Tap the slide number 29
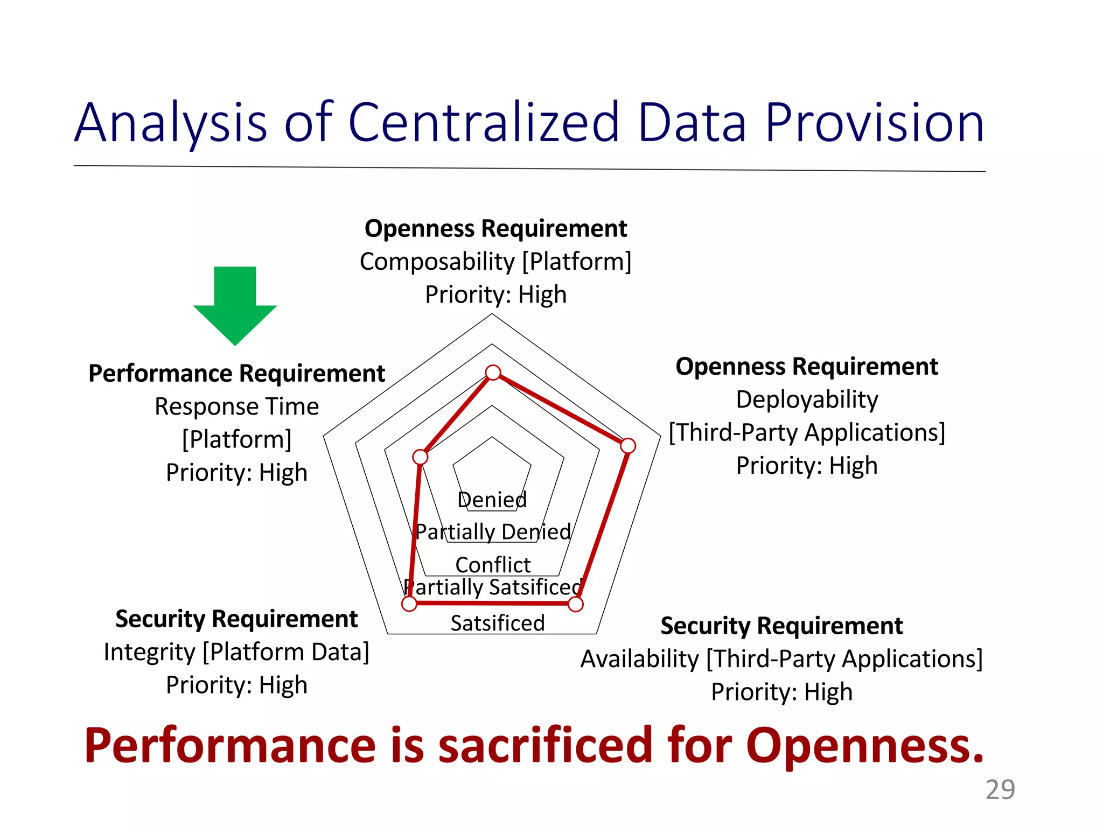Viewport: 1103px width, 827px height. [x=1000, y=790]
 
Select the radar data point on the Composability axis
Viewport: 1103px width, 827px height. [x=493, y=373]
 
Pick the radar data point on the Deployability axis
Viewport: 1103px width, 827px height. [x=628, y=446]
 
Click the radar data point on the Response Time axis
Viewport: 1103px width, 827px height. [x=420, y=457]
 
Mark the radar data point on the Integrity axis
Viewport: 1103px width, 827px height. [x=409, y=604]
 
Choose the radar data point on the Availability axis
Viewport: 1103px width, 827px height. [x=576, y=605]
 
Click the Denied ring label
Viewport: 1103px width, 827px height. [x=492, y=500]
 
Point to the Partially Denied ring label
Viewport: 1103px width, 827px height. [x=493, y=532]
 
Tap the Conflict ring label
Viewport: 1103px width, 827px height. [x=493, y=565]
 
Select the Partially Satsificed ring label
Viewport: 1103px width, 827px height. [x=493, y=587]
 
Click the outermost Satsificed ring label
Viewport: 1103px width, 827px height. [x=497, y=623]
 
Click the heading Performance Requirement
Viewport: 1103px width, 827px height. [x=236, y=373]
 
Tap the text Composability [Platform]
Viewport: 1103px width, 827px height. [x=495, y=262]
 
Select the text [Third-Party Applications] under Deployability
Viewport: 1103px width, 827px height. [x=807, y=432]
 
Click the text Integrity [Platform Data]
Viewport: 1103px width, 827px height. [x=236, y=652]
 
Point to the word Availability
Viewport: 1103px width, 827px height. [x=639, y=659]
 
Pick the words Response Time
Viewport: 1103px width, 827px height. [x=236, y=407]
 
